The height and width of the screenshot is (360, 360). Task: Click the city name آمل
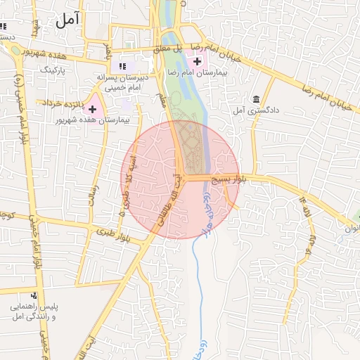67,20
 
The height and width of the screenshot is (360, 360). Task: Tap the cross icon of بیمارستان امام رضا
197,63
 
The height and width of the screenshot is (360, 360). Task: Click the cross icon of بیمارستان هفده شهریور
92,109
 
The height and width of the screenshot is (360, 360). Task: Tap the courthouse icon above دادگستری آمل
255,98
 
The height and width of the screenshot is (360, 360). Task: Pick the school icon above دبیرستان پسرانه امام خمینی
122,66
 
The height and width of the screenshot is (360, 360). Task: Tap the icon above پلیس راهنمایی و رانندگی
33,296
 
